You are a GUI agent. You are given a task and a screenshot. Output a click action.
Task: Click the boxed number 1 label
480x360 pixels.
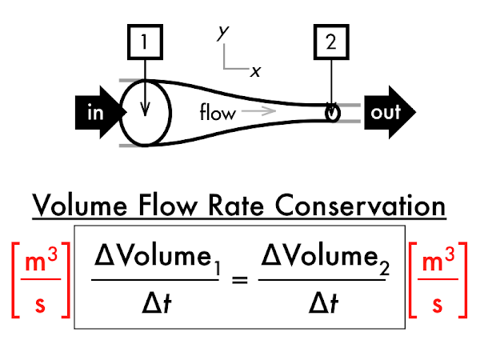coord(145,42)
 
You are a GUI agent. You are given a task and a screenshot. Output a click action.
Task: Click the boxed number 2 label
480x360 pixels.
coord(331,42)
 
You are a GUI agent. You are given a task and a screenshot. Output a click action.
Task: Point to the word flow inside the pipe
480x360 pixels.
coord(218,112)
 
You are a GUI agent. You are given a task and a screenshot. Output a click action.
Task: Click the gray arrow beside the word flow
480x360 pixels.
coord(258,111)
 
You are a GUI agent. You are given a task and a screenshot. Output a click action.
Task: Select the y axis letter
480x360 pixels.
coord(223,33)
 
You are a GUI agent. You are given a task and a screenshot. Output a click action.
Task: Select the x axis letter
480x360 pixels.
coord(255,72)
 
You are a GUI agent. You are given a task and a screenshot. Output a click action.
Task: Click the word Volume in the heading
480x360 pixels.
coord(79,206)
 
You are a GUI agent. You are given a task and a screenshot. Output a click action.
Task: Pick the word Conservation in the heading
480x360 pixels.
coord(360,206)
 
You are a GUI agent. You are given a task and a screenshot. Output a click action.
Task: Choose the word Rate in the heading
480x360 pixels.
coord(236,206)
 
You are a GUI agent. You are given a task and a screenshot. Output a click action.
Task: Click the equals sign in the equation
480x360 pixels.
coord(240,280)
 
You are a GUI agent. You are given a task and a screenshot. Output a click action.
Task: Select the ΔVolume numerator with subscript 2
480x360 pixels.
coord(325,259)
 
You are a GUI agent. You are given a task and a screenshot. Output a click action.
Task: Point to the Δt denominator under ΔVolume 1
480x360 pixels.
coord(157,303)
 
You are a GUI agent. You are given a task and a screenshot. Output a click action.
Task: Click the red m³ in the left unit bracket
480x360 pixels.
coord(41,260)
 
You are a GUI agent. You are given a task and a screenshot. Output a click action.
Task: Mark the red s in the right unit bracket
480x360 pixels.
coord(438,304)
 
